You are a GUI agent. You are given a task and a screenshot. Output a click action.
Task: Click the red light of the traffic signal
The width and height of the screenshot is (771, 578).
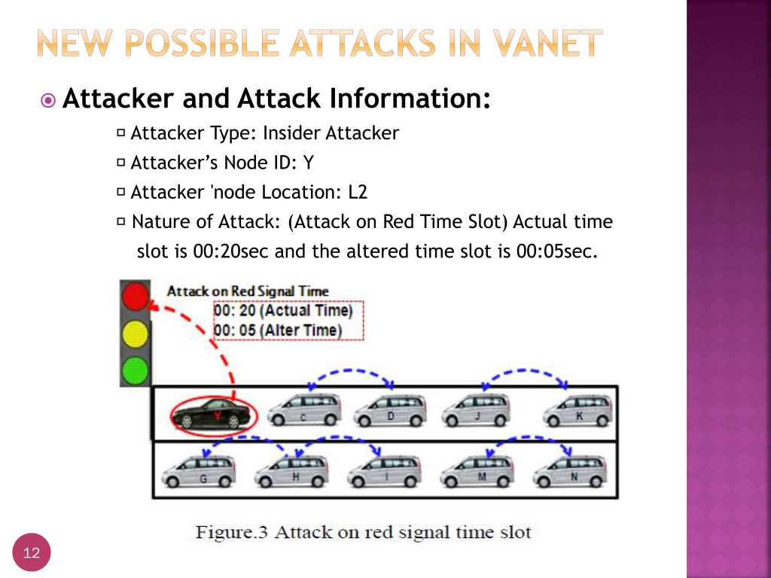click(x=136, y=296)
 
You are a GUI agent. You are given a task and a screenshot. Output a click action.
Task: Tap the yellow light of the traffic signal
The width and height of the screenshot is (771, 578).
click(x=136, y=333)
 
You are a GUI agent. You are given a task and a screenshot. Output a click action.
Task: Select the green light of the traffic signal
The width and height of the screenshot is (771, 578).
click(x=136, y=370)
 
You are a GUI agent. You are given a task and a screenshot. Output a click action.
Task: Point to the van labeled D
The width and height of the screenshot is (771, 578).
click(x=390, y=411)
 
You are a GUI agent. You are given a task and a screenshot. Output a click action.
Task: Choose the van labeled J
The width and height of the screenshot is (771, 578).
click(x=477, y=410)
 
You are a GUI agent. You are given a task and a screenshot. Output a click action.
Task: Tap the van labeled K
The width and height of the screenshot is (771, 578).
click(x=578, y=410)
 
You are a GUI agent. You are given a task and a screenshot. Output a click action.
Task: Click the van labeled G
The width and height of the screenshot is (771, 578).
click(x=199, y=471)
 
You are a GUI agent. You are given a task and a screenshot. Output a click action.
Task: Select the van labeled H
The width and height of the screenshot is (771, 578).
click(x=291, y=471)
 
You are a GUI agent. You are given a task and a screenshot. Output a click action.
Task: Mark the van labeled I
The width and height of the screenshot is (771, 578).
click(x=385, y=471)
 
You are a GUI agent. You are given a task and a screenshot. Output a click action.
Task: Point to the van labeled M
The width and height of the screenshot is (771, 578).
click(x=477, y=471)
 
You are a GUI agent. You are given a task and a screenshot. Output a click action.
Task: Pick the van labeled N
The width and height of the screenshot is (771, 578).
click(x=570, y=471)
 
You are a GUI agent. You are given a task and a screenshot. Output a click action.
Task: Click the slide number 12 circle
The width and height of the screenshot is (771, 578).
click(x=32, y=552)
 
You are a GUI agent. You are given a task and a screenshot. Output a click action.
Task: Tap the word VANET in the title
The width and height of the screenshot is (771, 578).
click(x=548, y=43)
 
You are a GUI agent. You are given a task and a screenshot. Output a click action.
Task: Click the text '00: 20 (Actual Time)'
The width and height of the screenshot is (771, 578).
click(x=283, y=311)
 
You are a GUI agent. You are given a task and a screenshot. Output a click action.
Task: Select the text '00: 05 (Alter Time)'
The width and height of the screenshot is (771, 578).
click(x=278, y=330)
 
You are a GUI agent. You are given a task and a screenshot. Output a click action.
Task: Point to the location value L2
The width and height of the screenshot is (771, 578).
click(x=358, y=192)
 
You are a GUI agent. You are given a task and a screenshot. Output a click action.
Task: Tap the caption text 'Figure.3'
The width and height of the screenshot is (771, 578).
click(x=231, y=532)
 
